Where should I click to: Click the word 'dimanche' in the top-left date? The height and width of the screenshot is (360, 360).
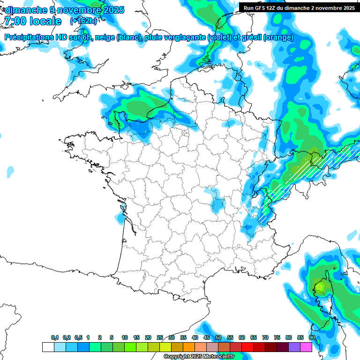click(25, 9)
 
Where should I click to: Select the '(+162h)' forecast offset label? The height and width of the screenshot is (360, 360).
click(83, 21)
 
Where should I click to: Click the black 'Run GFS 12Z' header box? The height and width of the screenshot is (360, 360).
click(299, 8)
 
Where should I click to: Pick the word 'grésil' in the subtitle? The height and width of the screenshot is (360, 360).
click(250, 37)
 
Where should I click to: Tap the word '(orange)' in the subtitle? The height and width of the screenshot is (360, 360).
click(278, 37)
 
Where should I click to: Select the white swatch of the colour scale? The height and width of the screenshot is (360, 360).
click(48, 347)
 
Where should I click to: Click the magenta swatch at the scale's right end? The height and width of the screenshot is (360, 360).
click(306, 347)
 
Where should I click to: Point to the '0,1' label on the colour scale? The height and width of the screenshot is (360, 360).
click(55, 337)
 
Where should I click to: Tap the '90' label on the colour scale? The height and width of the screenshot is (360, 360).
click(312, 337)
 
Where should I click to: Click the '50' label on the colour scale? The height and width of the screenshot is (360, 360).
click(218, 337)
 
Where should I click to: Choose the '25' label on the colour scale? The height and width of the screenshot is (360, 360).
click(160, 337)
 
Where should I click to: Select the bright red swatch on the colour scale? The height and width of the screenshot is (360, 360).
click(247, 347)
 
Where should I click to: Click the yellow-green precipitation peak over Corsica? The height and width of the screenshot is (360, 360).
click(320, 285)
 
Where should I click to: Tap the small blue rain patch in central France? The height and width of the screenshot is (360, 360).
click(217, 205)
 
